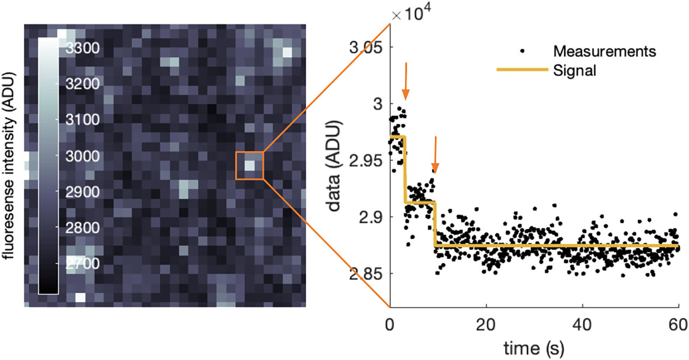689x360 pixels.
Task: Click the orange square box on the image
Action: (249, 165)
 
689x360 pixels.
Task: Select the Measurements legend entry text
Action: (604, 52)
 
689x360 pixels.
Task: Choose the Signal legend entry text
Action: (575, 70)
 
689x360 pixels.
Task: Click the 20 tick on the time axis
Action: (486, 325)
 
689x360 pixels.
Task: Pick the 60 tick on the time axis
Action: (678, 325)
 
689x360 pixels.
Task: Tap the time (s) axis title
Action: (533, 348)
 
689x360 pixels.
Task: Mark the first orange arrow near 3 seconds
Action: (405, 81)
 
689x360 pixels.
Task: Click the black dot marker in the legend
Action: (522, 52)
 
